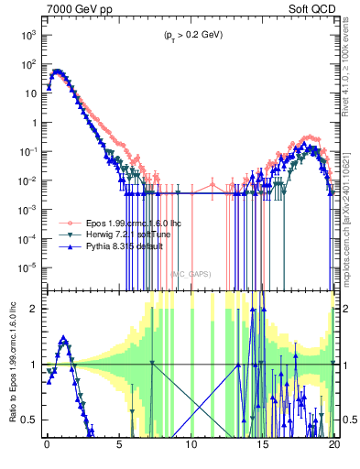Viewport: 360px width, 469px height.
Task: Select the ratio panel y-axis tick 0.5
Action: (32, 420)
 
